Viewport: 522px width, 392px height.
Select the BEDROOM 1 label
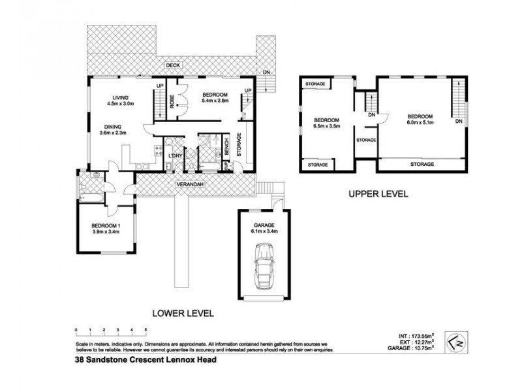coord(105,226)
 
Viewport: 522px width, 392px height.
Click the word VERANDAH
coord(191,185)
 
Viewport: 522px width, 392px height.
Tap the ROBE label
coord(172,102)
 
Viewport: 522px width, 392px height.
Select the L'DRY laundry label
coord(174,155)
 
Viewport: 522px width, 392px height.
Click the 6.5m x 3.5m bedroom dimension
coord(326,127)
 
